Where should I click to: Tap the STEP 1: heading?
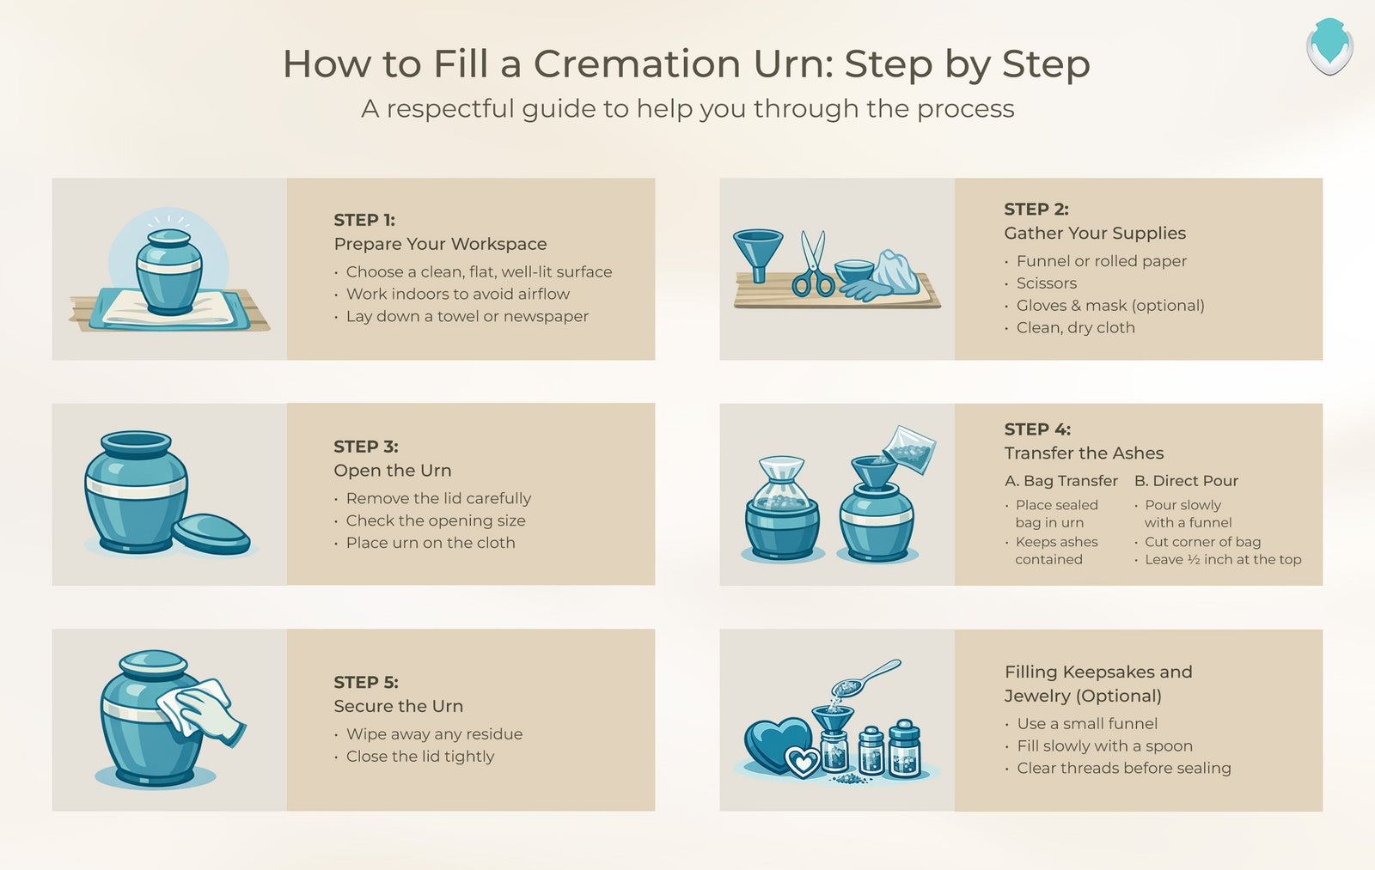point(364,220)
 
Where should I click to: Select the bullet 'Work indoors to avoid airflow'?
point(457,294)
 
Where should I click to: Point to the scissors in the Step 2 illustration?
point(812,264)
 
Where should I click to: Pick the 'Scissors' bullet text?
point(1046,283)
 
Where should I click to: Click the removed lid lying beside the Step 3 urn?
point(211,533)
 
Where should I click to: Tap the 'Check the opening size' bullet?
point(435,520)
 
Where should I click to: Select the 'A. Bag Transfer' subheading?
point(1061,481)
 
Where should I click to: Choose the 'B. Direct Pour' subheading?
point(1186,481)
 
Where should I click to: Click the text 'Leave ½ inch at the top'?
point(1223,560)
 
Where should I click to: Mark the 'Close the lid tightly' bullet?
point(419,757)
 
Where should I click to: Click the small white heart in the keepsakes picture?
point(804,762)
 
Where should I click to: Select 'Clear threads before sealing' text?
point(1123,769)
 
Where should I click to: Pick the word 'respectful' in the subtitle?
point(455,109)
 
